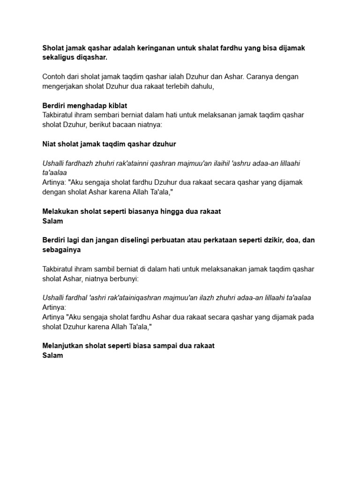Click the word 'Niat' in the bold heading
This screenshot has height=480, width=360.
point(49,144)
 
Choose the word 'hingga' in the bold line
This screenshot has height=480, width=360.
point(181,211)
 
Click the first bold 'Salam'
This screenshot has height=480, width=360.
point(52,221)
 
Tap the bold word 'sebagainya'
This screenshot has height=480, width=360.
point(61,249)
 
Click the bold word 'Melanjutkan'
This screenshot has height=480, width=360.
point(63,346)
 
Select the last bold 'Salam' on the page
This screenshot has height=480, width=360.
point(52,355)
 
